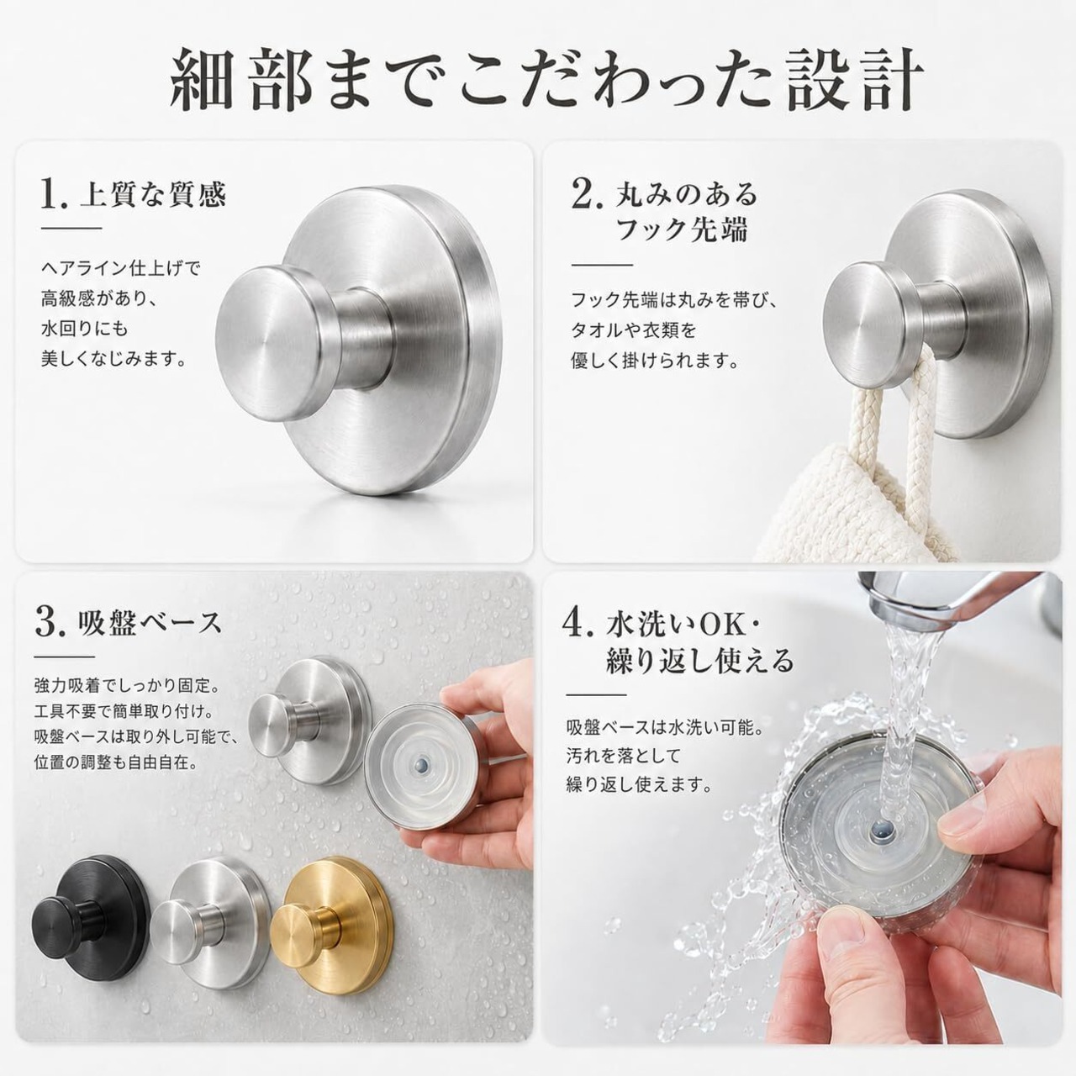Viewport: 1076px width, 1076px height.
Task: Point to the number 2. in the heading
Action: [587, 193]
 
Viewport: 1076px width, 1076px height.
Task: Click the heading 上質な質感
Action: [153, 194]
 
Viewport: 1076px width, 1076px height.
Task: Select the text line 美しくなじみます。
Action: [114, 359]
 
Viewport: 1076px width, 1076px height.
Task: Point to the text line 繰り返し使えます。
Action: [639, 785]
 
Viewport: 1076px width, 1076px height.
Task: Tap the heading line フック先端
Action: [680, 230]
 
